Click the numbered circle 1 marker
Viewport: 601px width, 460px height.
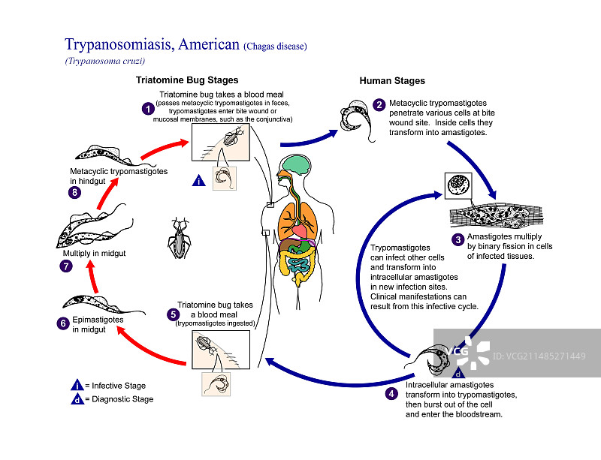[x=148, y=108]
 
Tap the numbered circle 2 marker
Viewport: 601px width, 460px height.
[x=379, y=104]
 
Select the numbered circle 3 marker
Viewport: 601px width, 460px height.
[x=458, y=240]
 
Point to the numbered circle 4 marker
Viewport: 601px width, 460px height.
[x=391, y=393]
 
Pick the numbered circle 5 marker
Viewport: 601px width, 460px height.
[x=173, y=314]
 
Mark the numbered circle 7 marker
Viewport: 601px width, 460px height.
[x=67, y=266]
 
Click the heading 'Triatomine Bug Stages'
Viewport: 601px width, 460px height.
[x=187, y=80]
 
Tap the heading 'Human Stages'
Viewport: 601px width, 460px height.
[x=392, y=81]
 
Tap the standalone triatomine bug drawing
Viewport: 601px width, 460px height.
[x=179, y=238]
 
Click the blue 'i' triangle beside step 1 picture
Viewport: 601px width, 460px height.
[x=198, y=180]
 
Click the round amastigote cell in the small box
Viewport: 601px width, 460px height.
[x=458, y=185]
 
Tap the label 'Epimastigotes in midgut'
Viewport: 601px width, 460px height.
[x=98, y=325]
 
